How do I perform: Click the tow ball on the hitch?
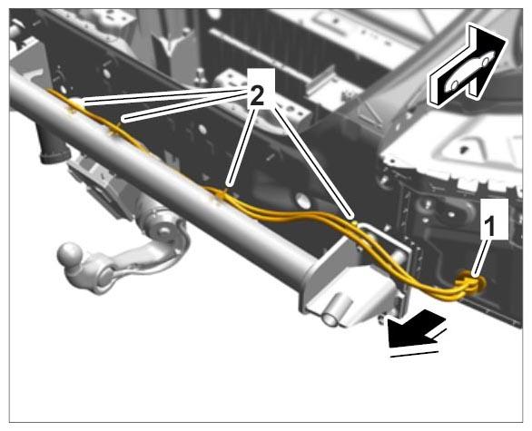pyautogui.click(x=71, y=254)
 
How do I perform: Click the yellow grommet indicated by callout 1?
pyautogui.click(x=471, y=282)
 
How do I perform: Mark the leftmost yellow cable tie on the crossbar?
pyautogui.click(x=74, y=104)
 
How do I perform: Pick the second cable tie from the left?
pyautogui.click(x=115, y=131)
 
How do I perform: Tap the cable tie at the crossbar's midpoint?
pyautogui.click(x=220, y=195)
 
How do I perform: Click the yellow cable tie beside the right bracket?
pyautogui.click(x=354, y=224)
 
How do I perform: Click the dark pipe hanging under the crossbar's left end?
pyautogui.click(x=52, y=145)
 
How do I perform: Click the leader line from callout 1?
pyautogui.click(x=481, y=257)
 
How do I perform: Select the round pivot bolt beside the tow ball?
pyautogui.click(x=106, y=276)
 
